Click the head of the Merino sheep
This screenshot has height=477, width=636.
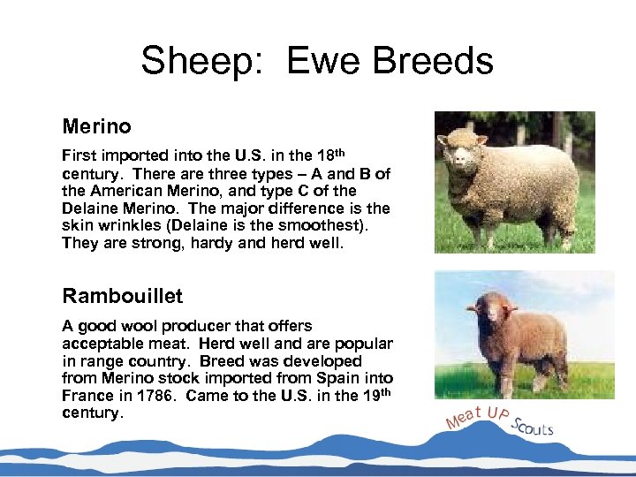(x=462, y=151)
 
